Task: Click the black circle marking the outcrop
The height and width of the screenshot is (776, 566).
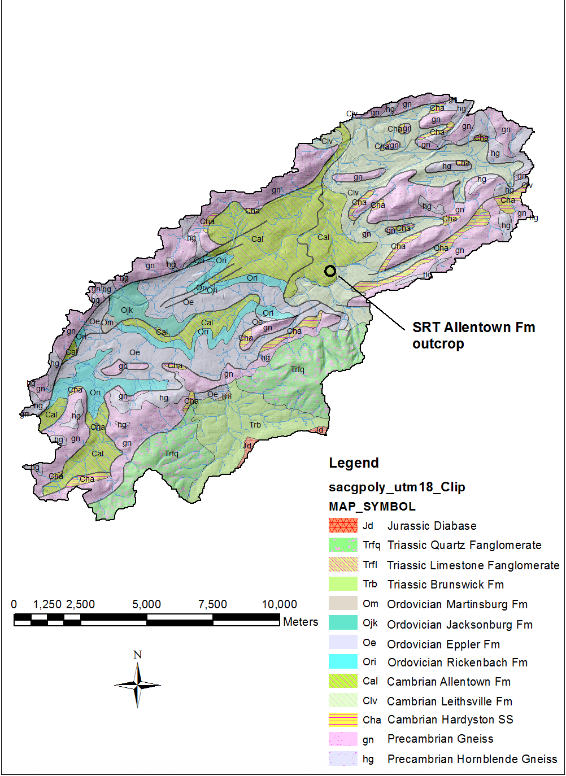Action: point(330,271)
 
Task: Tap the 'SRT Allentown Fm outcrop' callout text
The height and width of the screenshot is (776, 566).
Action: point(473,335)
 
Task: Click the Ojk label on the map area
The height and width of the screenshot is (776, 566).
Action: point(127,310)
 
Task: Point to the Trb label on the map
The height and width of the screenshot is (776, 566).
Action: point(255,425)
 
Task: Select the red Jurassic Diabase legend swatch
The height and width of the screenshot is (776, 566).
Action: point(343,526)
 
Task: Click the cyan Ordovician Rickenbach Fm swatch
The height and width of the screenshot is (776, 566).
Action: point(343,662)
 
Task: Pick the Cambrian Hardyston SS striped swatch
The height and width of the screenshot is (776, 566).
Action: point(343,720)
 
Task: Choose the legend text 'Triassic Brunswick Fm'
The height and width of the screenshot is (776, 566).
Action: point(445,585)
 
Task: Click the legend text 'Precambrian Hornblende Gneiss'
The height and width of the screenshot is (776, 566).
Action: point(472,759)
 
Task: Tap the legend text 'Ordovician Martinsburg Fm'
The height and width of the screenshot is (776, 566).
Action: point(457,604)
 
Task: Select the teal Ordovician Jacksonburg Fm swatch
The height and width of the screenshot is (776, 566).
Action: point(343,624)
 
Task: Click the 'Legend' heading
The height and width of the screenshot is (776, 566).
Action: point(354,463)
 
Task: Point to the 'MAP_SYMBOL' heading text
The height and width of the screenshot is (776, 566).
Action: point(372,507)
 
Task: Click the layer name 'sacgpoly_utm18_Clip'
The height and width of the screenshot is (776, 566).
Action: point(397,487)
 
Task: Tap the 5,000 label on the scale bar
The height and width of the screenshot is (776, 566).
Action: point(146,604)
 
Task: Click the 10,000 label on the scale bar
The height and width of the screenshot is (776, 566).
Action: point(279,604)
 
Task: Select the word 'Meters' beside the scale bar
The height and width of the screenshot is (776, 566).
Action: point(301,622)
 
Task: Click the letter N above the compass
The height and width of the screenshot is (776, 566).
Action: point(137,655)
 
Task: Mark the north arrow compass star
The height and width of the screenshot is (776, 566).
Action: point(137,685)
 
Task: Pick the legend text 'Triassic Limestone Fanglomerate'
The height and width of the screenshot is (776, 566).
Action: point(473,565)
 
